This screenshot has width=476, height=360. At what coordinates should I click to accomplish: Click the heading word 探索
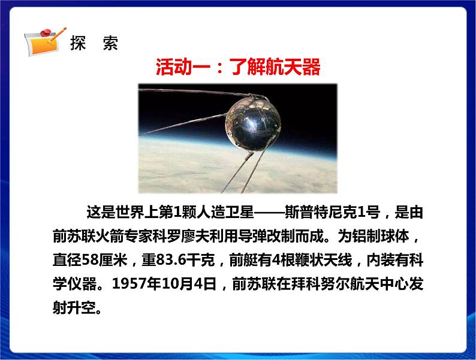click(x=94, y=44)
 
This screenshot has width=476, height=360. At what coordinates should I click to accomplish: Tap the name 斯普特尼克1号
click(x=326, y=213)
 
